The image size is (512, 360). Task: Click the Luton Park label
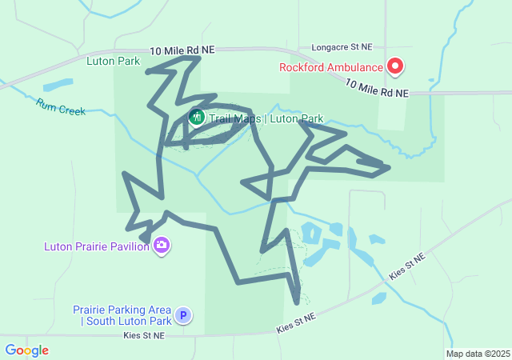pyautogui.click(x=113, y=61)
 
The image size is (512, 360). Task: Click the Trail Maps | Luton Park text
pyautogui.click(x=266, y=119)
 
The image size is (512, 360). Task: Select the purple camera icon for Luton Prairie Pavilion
pyautogui.click(x=162, y=246)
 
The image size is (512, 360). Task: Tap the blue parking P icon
pyautogui.click(x=183, y=316)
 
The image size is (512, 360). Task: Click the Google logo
pyautogui.click(x=26, y=350)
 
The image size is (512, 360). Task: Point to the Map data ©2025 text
pyautogui.click(x=478, y=354)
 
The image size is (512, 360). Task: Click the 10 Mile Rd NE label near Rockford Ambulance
pyautogui.click(x=377, y=89)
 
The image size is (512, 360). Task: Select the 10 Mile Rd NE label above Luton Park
pyautogui.click(x=182, y=50)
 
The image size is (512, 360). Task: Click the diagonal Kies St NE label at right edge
pyautogui.click(x=407, y=265)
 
